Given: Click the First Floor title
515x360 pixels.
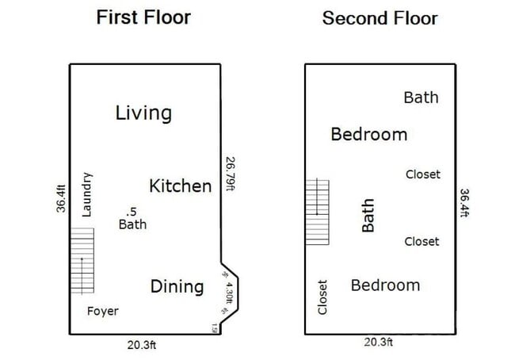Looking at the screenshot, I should (x=143, y=17).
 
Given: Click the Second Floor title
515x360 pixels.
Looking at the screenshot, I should (x=380, y=18).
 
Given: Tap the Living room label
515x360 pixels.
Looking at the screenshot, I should (x=143, y=113).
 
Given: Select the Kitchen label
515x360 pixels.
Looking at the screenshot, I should (x=181, y=186).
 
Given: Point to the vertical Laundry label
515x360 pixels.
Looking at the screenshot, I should (x=87, y=195).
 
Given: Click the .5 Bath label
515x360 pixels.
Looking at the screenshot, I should (x=132, y=218).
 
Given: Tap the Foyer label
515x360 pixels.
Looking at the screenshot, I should (x=102, y=311).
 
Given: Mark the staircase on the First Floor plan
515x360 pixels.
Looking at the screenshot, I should (x=81, y=259).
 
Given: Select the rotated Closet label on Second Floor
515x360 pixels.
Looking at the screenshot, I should (x=322, y=297).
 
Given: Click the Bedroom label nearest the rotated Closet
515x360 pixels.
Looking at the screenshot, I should (x=385, y=285).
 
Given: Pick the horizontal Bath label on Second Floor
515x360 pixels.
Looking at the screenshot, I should (x=421, y=98).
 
